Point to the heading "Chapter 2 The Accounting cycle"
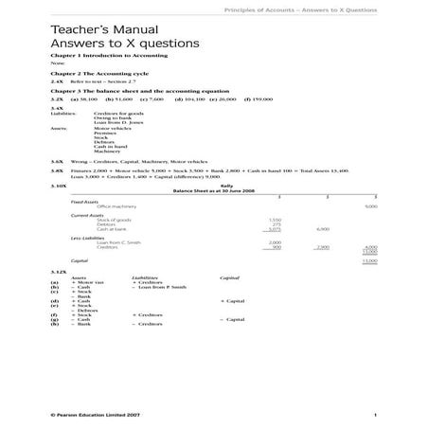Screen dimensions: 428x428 [88, 75]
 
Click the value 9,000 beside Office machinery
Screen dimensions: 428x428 [369, 205]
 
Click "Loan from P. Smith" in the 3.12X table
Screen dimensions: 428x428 [160, 287]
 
